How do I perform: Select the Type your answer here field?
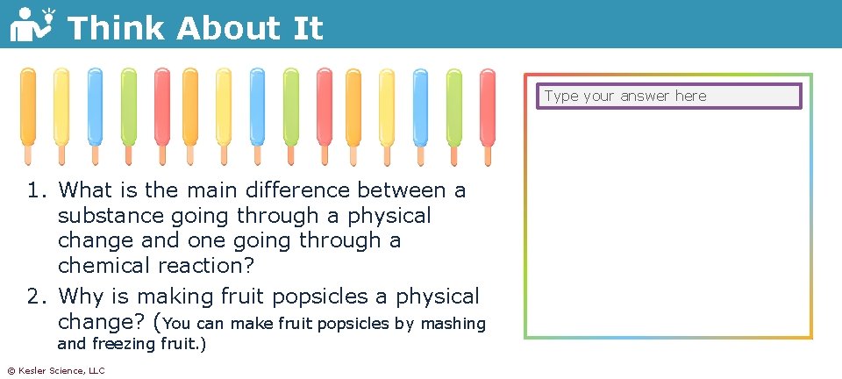tap(669, 97)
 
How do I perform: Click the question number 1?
tap(35, 190)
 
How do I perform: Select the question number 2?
tap(35, 297)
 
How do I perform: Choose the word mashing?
tap(453, 324)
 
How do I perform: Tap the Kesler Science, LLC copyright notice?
tap(55, 371)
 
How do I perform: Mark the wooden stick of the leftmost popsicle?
tap(28, 155)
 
